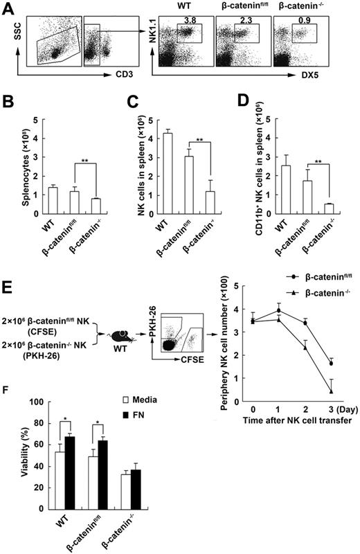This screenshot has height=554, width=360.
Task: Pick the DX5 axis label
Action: [341, 72]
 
